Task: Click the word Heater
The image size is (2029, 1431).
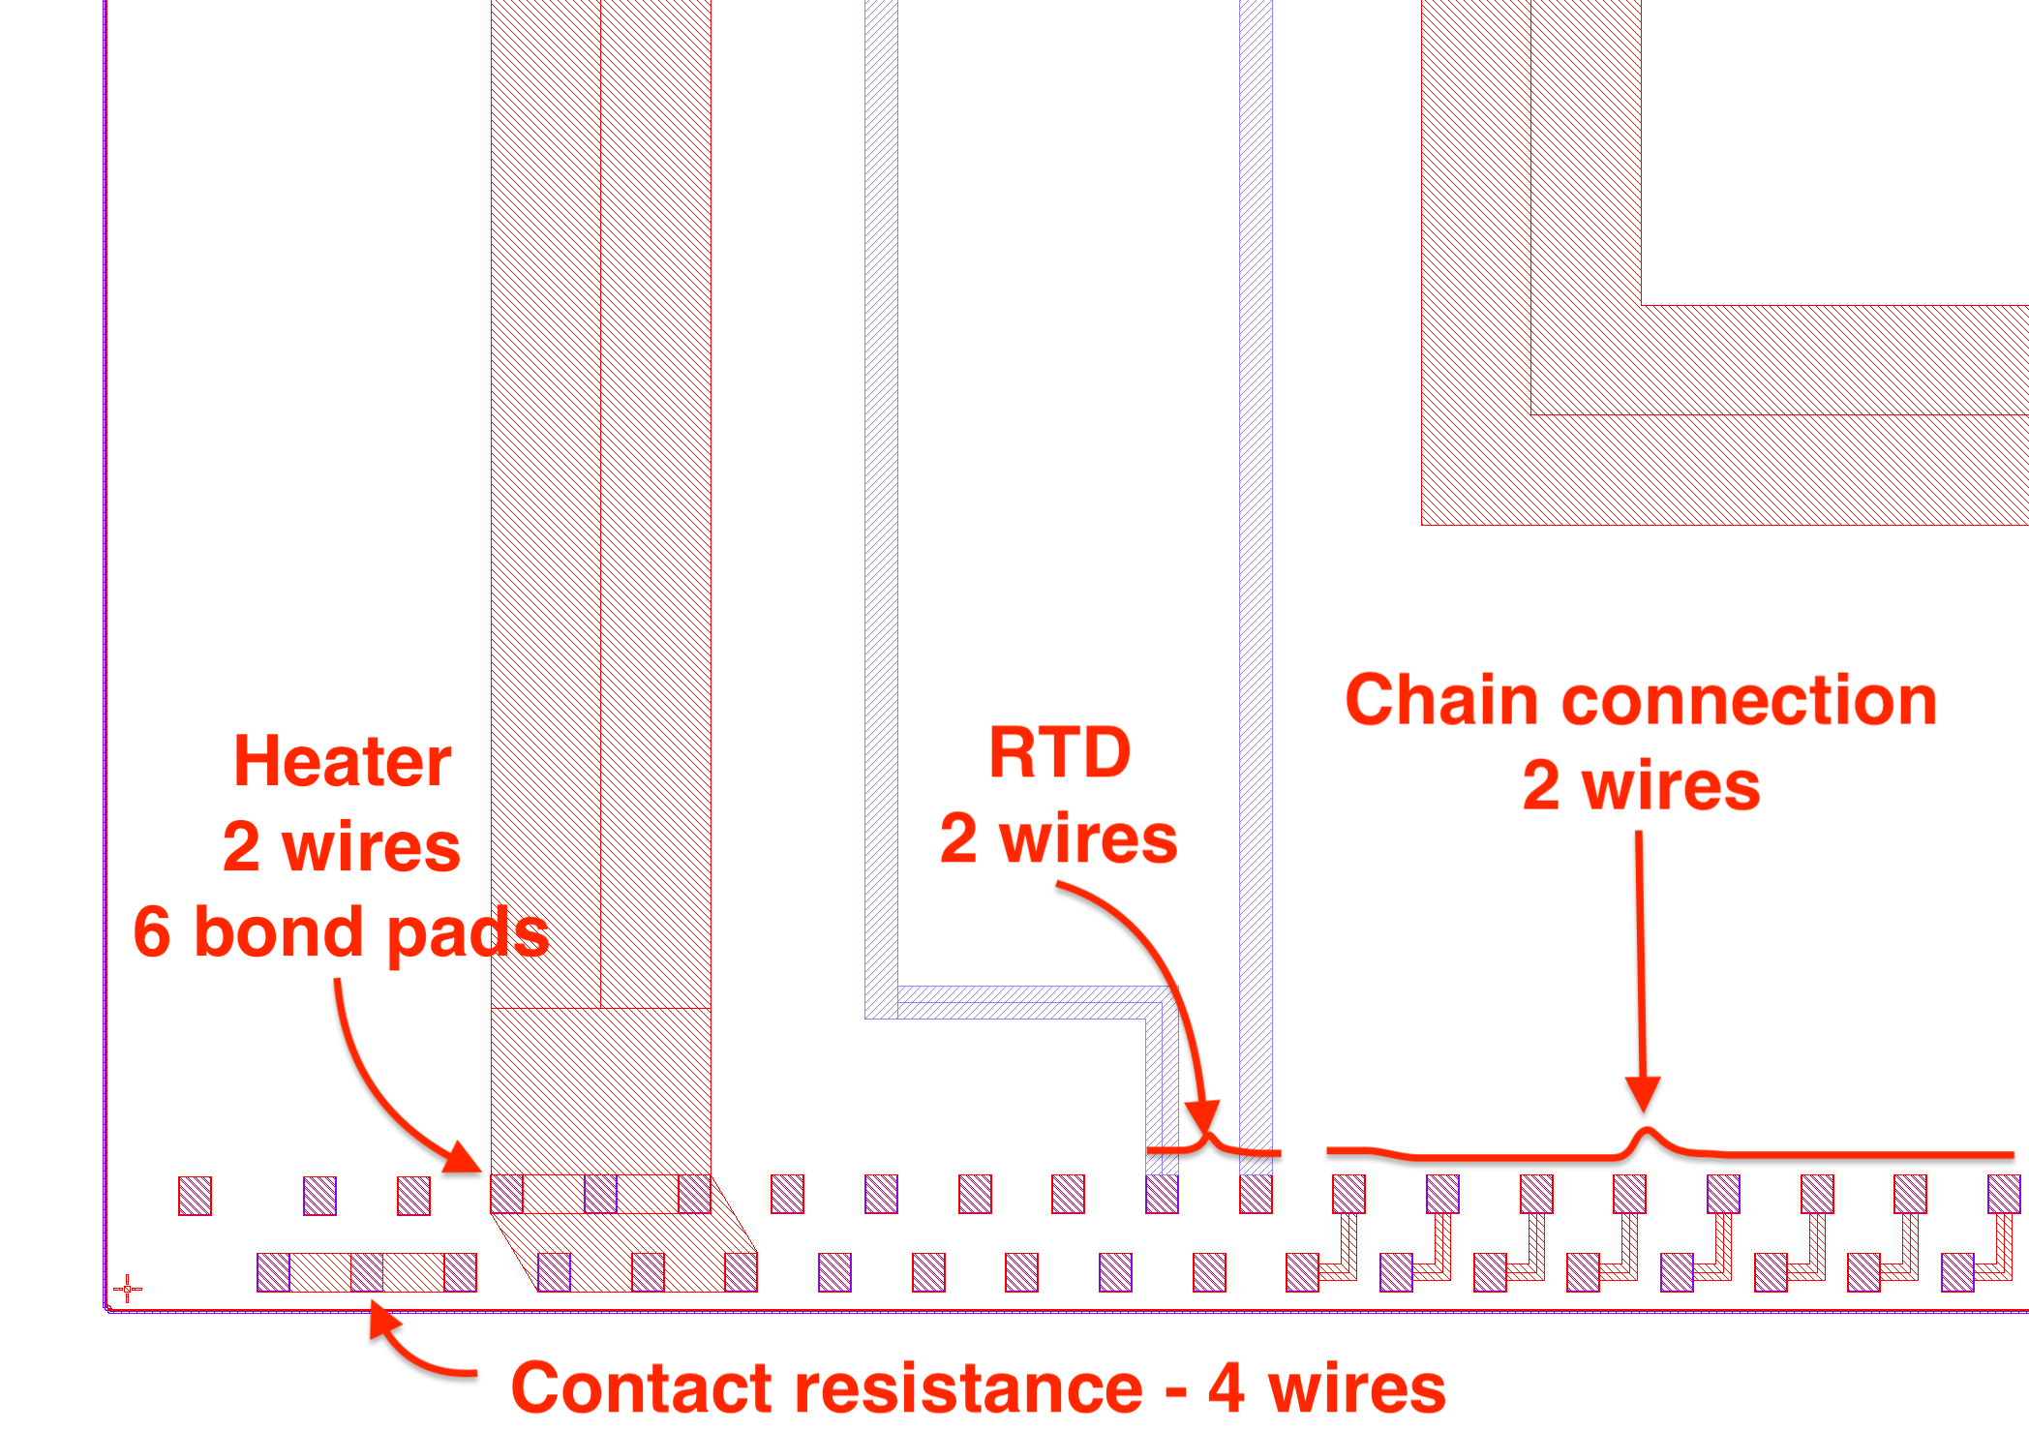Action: click(342, 762)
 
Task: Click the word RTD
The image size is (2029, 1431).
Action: click(1060, 752)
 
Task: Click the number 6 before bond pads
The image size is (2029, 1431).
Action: click(152, 932)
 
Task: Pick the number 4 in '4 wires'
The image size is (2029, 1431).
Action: click(1226, 1387)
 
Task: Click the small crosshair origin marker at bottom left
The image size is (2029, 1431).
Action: click(127, 1289)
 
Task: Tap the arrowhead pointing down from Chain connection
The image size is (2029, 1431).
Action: click(1643, 1094)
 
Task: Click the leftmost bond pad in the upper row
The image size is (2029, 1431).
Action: click(195, 1196)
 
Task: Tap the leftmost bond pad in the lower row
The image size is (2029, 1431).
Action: click(273, 1272)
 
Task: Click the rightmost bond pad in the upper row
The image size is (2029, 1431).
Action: click(2004, 1194)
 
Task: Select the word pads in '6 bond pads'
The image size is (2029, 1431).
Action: click(470, 934)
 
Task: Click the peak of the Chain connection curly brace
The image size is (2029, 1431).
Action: click(1645, 1132)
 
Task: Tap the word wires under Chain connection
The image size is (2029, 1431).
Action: click(1671, 785)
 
